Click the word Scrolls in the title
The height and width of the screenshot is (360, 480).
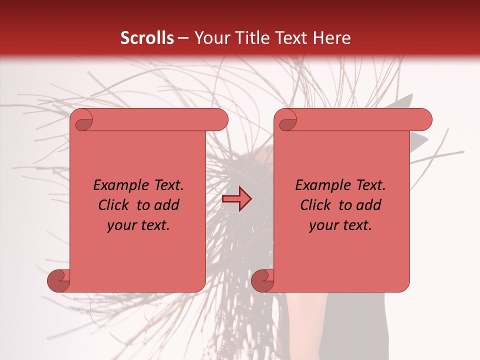click(x=147, y=38)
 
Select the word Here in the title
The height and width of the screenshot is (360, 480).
click(x=331, y=38)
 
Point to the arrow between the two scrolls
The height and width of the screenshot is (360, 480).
click(x=236, y=198)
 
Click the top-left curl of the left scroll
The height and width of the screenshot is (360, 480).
click(x=82, y=120)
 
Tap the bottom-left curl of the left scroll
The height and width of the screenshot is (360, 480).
click(x=58, y=280)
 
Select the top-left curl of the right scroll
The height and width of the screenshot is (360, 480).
click(x=286, y=120)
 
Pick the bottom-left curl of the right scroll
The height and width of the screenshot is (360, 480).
click(x=262, y=280)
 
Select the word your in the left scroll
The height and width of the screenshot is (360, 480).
click(x=121, y=225)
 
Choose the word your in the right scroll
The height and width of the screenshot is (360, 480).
click(x=323, y=225)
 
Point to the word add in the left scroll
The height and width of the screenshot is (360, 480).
click(x=167, y=205)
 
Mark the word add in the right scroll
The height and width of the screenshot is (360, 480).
click(x=369, y=205)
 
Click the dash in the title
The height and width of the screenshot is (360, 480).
click(x=183, y=38)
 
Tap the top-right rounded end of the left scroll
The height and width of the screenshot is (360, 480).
click(x=220, y=120)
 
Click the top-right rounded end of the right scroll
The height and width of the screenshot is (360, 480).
click(x=424, y=120)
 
